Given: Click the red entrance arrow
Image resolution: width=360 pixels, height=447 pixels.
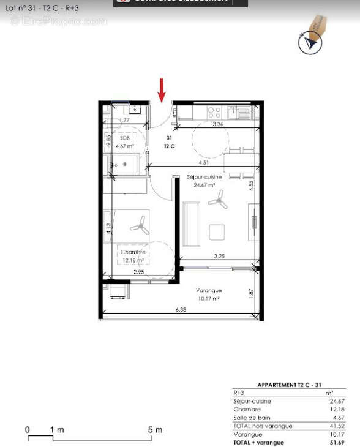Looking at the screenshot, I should pos(162,89).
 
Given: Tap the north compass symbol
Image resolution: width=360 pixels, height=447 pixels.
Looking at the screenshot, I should pos(309,42).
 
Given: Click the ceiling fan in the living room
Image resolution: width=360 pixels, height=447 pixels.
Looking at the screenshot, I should pos(218,197).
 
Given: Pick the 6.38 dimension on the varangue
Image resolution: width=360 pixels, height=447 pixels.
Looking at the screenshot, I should pos(181,310).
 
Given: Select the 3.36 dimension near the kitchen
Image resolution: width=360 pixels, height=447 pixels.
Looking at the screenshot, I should pos(217,124).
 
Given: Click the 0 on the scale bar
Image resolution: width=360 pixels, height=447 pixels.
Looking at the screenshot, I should pos(28,430).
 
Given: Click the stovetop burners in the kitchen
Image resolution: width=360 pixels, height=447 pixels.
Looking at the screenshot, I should pos(215,112).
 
